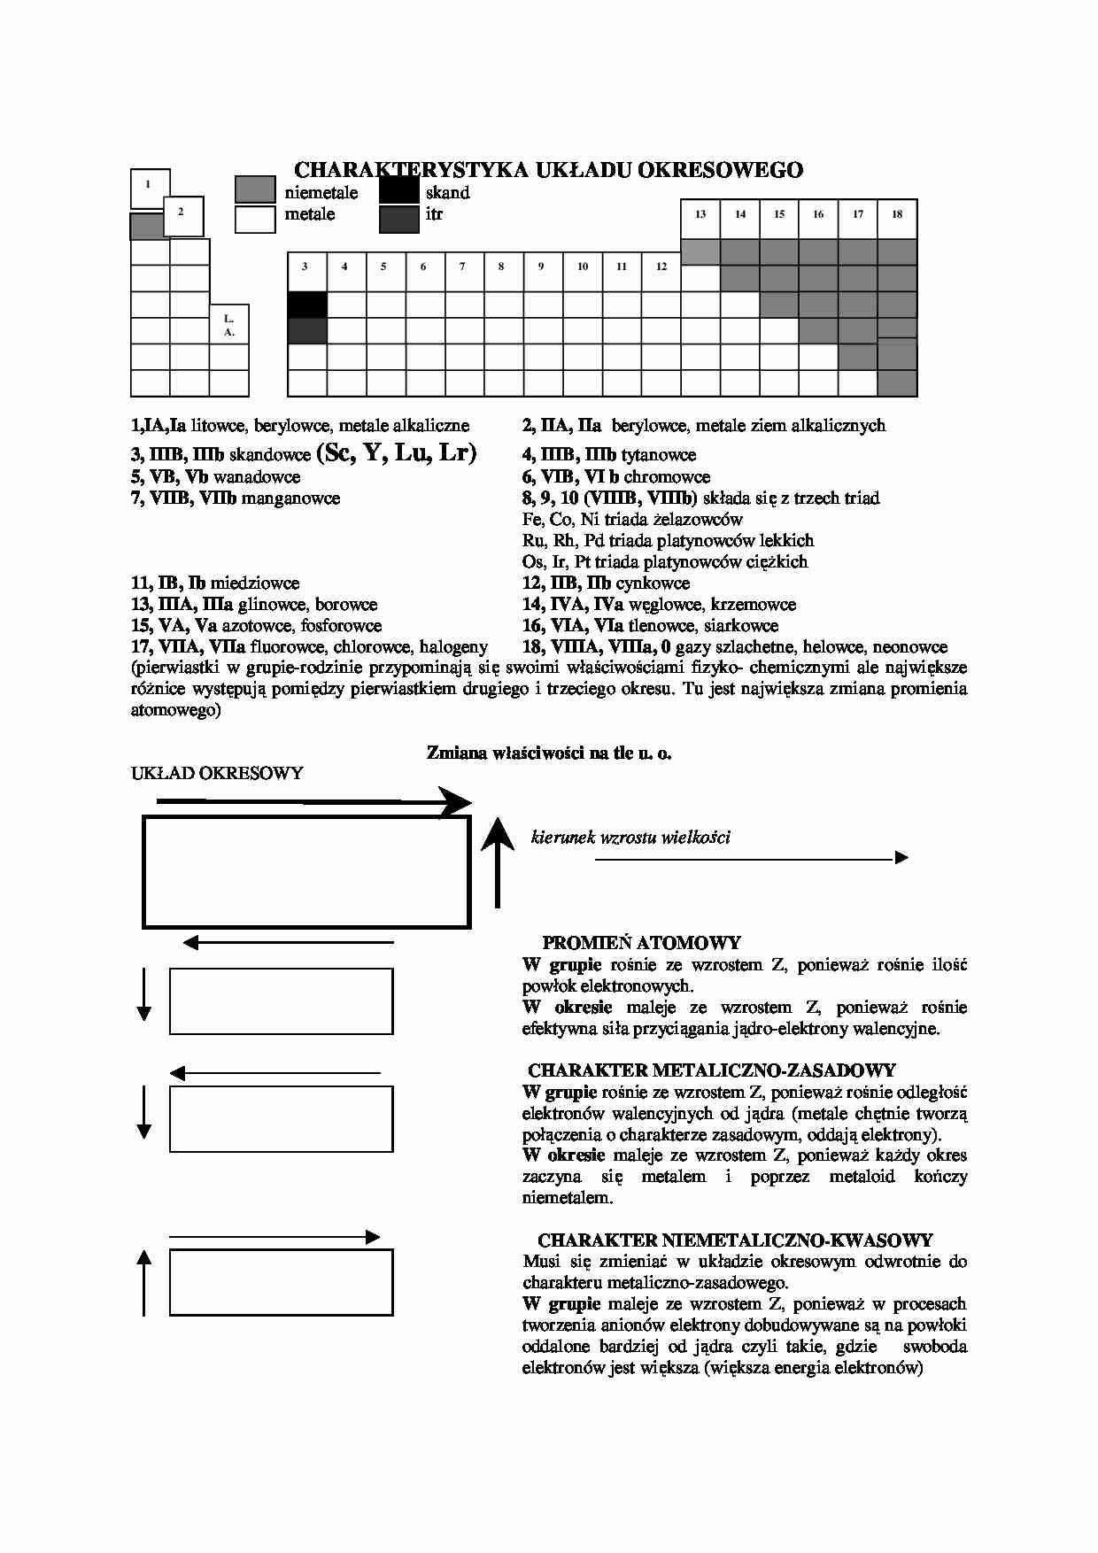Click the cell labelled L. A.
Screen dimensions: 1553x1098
tap(229, 324)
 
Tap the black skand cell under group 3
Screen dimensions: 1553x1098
tap(307, 305)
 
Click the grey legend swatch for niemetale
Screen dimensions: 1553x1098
tap(255, 190)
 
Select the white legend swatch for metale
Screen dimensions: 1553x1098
tap(255, 219)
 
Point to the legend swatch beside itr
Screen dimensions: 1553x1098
tap(398, 219)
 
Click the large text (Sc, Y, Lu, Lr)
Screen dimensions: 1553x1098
tap(396, 452)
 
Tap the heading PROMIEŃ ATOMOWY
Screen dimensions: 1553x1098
tap(641, 943)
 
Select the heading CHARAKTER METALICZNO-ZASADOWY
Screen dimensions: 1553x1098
tap(712, 1070)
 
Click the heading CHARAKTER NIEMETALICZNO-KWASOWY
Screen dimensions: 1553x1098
tap(735, 1240)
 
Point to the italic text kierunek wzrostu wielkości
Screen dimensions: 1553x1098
tap(630, 838)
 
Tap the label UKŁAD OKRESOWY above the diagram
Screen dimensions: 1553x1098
tap(217, 773)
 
